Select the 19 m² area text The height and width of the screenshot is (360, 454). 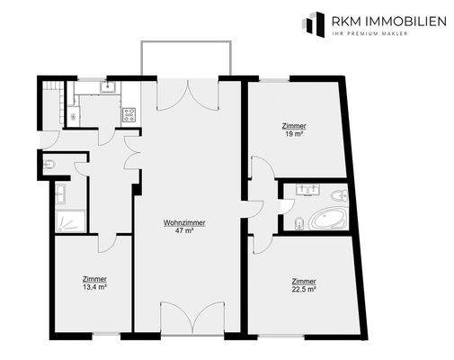293,133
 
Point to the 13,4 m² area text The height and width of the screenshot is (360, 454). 93,287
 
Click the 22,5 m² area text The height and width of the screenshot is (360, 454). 304,289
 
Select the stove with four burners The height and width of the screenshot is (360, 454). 129,114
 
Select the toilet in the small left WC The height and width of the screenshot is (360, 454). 49,165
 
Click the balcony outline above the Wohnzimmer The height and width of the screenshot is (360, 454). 187,58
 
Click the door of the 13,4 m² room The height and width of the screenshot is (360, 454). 106,241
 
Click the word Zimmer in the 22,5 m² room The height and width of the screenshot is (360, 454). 304,281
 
